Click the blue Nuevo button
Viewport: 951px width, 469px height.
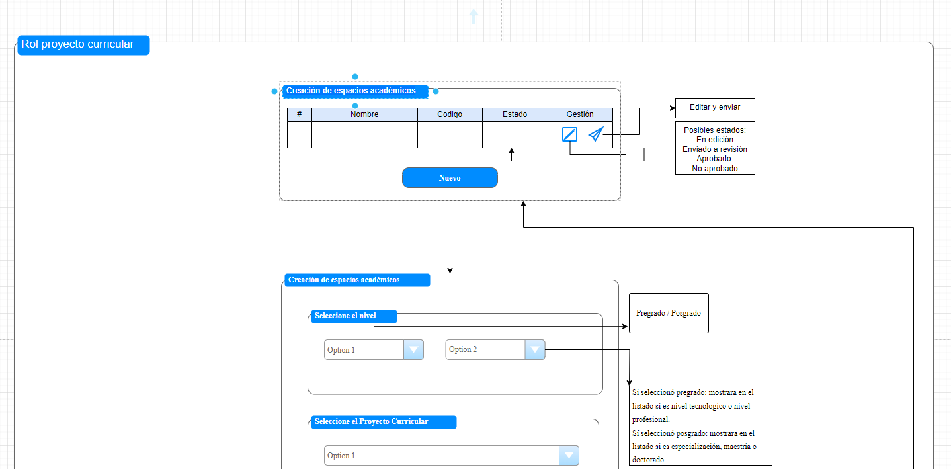450,178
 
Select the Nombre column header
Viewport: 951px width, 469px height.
364,114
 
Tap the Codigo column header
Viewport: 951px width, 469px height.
450,114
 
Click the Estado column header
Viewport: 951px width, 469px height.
515,114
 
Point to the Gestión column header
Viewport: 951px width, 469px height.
580,114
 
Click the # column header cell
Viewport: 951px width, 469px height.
300,114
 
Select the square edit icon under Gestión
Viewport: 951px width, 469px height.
569,134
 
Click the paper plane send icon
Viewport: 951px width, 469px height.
596,134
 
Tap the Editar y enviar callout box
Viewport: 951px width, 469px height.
715,108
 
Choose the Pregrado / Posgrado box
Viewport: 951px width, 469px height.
669,313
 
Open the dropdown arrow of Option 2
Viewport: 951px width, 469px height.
534,349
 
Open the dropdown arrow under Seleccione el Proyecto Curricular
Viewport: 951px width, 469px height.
569,456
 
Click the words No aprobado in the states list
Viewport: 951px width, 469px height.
715,169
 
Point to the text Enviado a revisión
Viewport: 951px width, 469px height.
715,149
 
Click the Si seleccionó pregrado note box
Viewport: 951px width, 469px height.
700,425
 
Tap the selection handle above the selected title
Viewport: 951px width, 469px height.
355,77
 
